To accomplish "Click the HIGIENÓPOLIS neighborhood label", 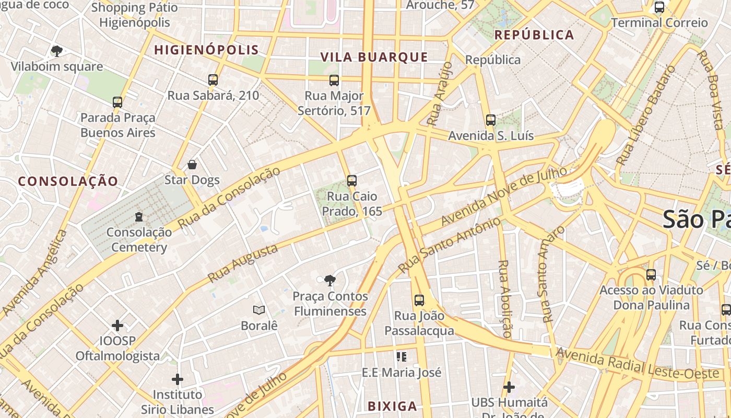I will pos(207,50).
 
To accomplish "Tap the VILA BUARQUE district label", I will pos(374,57).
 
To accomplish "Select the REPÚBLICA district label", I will pos(534,35).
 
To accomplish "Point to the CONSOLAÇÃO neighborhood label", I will pos(68,181).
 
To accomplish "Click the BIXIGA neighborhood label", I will pos(392,406).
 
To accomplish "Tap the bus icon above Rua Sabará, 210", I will pos(213,80).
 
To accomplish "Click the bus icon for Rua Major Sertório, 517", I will pos(334,80).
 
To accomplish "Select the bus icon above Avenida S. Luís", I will pos(490,120).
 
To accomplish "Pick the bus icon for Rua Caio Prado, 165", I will pos(352,181).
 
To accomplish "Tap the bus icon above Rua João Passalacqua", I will pos(419,300).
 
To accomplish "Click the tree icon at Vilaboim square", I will pos(57,51).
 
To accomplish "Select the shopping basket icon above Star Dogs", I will pos(192,165).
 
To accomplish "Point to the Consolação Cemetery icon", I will pos(139,216).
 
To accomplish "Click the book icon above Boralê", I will pos(259,310).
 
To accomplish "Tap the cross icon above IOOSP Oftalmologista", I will pos(117,326).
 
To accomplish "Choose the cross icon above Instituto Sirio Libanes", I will pos(178,379).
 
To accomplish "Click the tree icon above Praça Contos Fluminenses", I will pos(329,281).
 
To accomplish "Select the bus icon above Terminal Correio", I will pos(659,7).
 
